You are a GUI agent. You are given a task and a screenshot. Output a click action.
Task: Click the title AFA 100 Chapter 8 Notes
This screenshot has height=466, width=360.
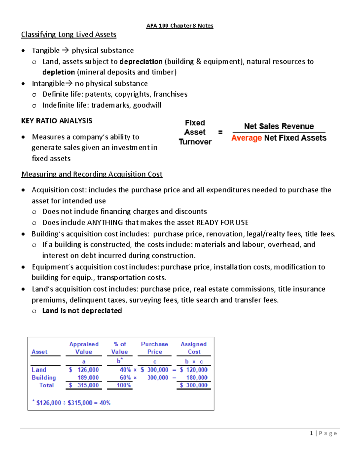pyautogui.click(x=180, y=26)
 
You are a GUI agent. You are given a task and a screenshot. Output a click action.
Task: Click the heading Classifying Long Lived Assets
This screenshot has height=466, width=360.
pyautogui.click(x=69, y=35)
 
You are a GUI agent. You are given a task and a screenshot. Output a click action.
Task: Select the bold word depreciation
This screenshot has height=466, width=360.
pyautogui.click(x=141, y=62)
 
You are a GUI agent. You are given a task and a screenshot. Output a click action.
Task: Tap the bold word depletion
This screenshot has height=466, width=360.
pyautogui.click(x=58, y=72)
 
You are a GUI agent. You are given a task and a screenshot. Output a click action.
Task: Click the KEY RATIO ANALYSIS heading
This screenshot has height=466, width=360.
pyautogui.click(x=57, y=121)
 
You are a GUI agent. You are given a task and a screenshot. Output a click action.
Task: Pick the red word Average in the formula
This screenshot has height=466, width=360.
pyautogui.click(x=247, y=138)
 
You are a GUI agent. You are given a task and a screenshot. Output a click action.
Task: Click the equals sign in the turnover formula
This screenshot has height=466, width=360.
pyautogui.click(x=220, y=132)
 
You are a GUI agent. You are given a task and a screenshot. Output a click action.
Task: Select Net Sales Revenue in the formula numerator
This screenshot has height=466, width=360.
pyautogui.click(x=279, y=126)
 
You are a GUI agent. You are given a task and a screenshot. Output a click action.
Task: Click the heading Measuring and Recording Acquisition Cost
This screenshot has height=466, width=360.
pyautogui.click(x=92, y=174)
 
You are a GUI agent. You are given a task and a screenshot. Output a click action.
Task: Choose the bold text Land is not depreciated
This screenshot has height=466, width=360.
pyautogui.click(x=82, y=311)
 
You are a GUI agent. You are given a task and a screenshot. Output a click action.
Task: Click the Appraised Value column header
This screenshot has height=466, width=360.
pyautogui.click(x=84, y=348)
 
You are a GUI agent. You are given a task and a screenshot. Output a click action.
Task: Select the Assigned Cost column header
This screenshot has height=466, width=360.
pyautogui.click(x=194, y=348)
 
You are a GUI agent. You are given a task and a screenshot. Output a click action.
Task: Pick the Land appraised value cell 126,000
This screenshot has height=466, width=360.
pyautogui.click(x=88, y=370)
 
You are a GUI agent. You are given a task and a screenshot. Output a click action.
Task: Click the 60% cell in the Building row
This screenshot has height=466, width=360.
pyautogui.click(x=125, y=378)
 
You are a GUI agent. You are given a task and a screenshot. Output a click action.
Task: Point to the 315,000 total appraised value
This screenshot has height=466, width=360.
pyautogui.click(x=88, y=385)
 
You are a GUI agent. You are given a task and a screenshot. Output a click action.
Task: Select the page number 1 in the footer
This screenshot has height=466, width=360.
pyautogui.click(x=311, y=433)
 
